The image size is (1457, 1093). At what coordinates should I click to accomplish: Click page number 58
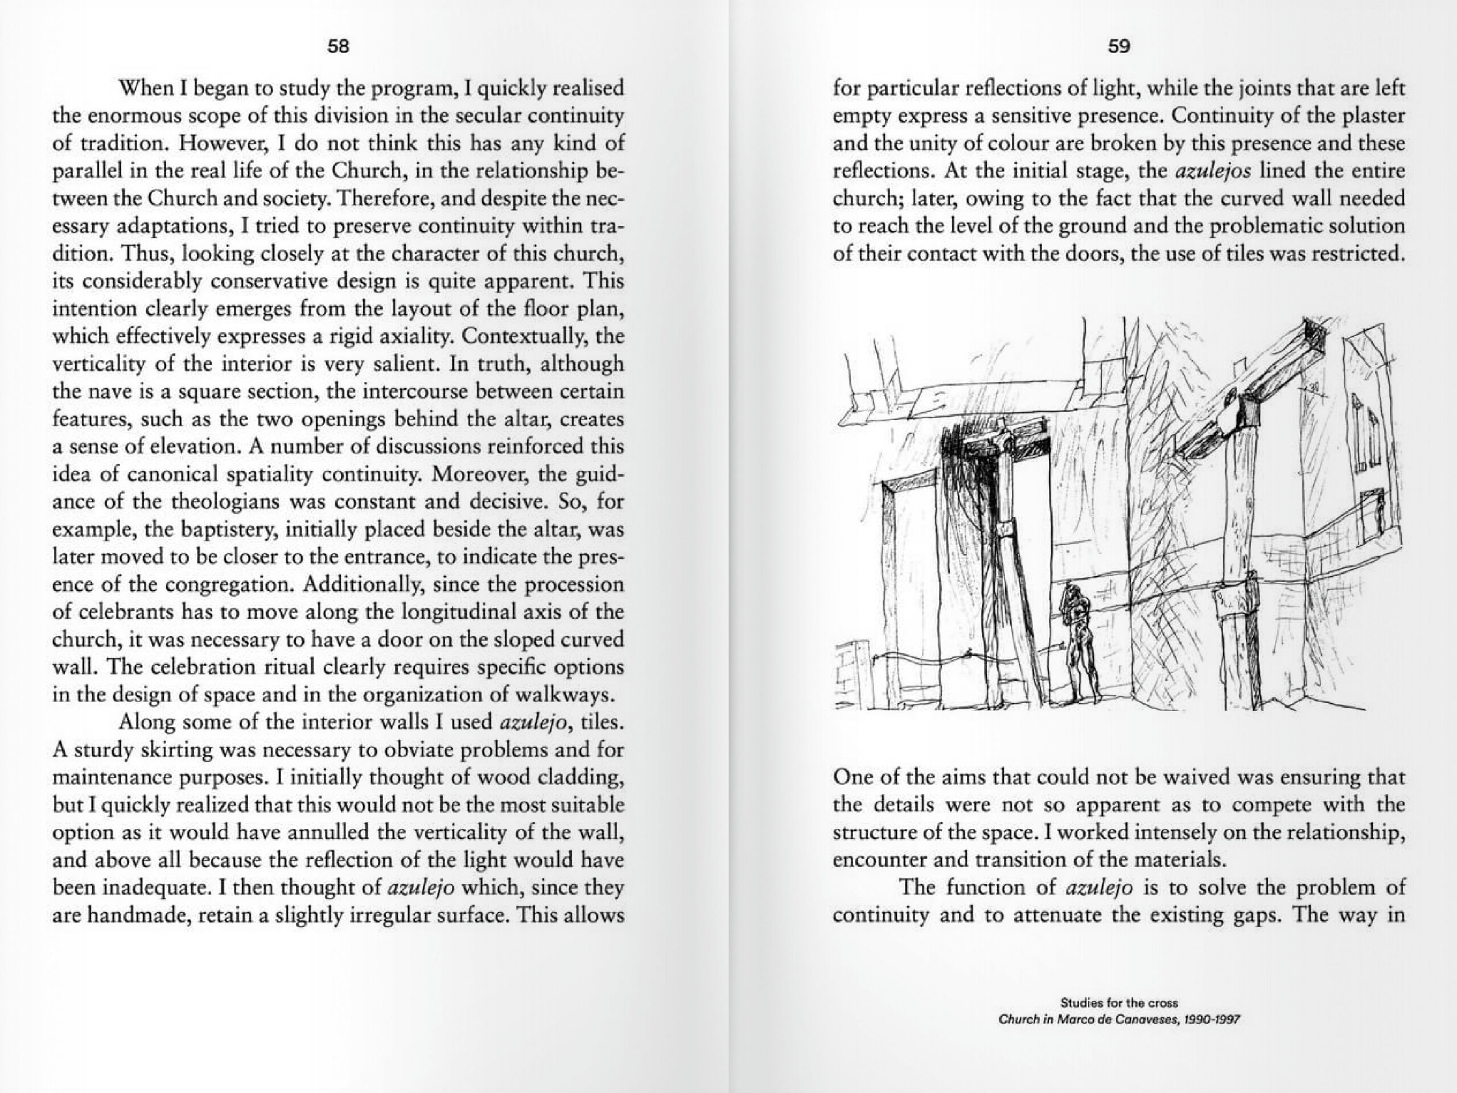coord(338,47)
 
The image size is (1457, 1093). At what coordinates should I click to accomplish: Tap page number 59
coord(1118,47)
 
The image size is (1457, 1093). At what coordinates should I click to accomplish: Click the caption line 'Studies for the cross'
coord(1118,1002)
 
